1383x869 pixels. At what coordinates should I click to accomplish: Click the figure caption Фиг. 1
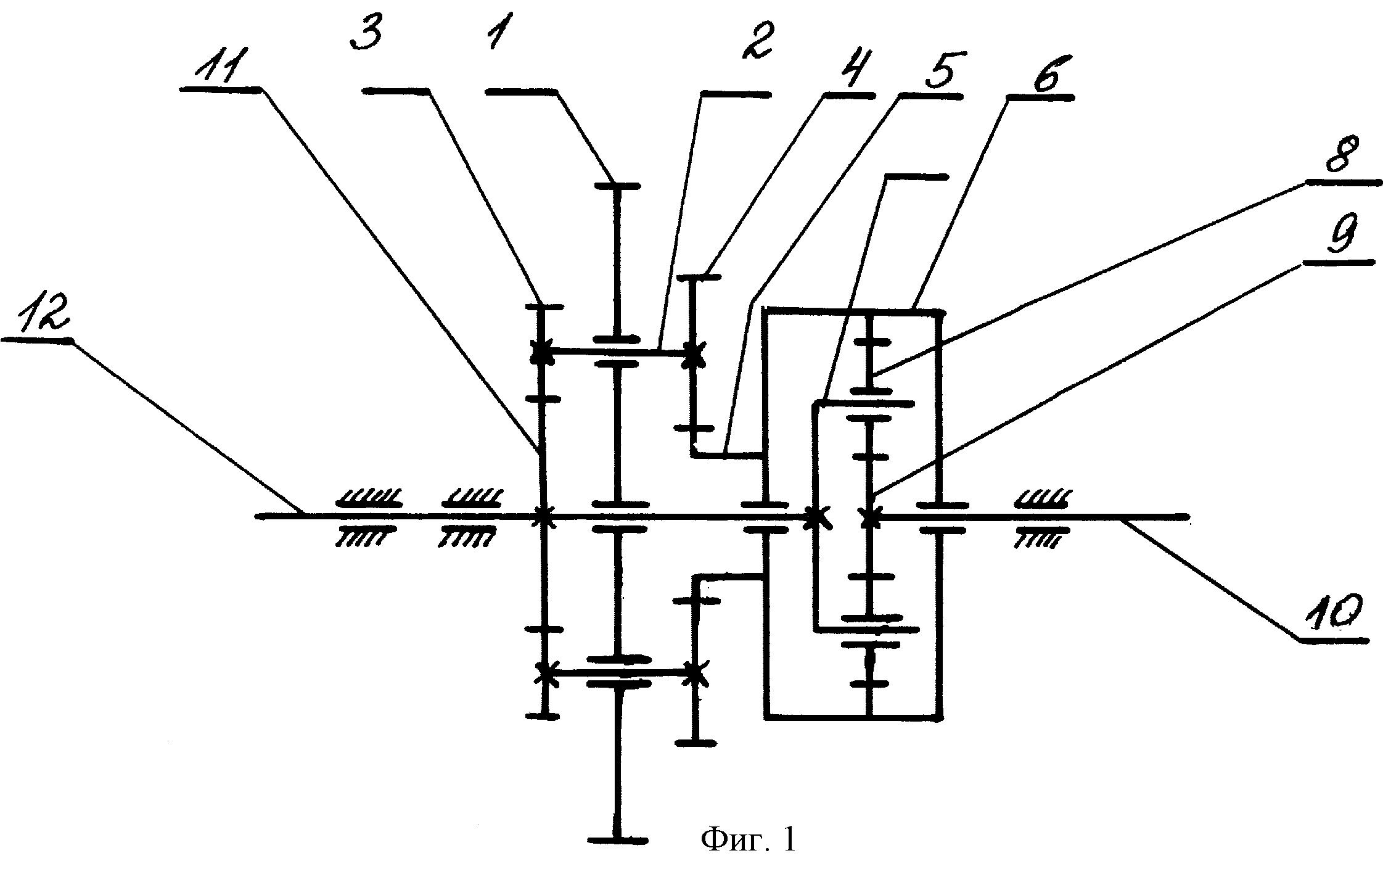tap(748, 839)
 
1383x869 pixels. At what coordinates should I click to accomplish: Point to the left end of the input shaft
tap(258, 514)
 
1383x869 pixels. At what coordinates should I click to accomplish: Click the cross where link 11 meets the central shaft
tap(543, 516)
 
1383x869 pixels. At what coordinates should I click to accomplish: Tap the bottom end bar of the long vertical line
tap(617, 840)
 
